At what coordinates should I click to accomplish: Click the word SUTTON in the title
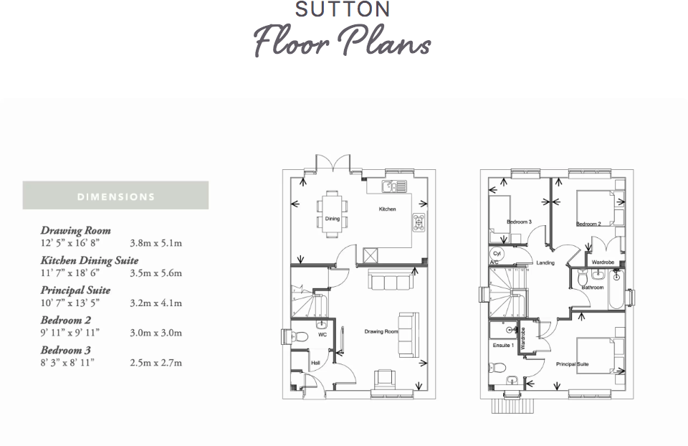343,9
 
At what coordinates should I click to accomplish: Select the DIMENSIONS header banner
115,196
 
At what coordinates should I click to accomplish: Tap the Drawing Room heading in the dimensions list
75,230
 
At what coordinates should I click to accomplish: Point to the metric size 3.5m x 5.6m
156,273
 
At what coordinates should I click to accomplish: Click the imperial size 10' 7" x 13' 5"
70,303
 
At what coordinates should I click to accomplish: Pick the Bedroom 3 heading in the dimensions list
66,350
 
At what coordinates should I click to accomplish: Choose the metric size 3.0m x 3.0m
156,333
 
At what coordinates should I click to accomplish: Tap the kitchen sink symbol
393,187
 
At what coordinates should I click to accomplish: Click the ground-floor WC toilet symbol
300,336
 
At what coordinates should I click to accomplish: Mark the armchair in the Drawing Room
385,379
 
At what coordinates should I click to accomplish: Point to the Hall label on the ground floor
315,363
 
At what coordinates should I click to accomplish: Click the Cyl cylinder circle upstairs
497,254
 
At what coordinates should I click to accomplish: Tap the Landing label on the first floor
545,263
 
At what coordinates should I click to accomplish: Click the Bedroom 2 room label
588,224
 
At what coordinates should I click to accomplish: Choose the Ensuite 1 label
502,346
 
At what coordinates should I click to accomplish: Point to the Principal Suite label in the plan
573,364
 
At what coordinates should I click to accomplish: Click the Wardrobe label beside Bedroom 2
603,262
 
